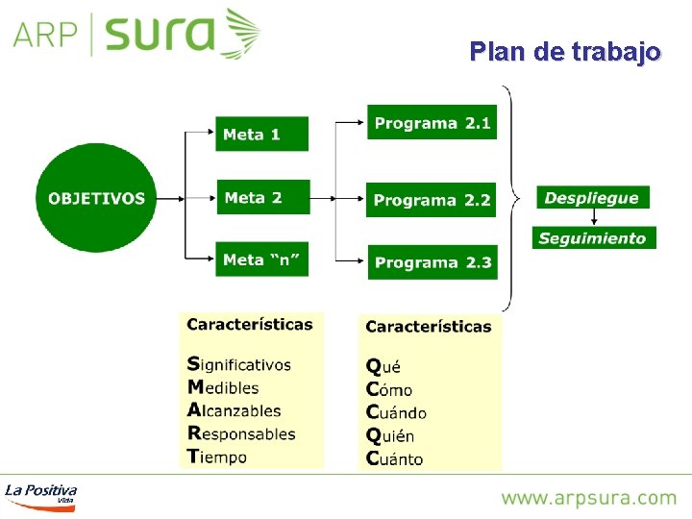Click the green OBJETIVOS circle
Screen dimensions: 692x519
pyautogui.click(x=96, y=198)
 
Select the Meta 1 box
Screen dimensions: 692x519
pyautogui.click(x=262, y=135)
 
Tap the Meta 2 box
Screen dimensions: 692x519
pyautogui.click(x=263, y=198)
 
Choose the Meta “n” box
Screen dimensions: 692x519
pyautogui.click(x=263, y=259)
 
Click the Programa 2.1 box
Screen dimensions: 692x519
pyautogui.click(x=432, y=123)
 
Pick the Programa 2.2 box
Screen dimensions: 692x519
pyautogui.click(x=432, y=200)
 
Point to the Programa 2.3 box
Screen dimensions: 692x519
pyautogui.click(x=432, y=262)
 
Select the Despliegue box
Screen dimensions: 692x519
pyautogui.click(x=592, y=198)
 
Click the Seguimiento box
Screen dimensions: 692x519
pyautogui.click(x=593, y=238)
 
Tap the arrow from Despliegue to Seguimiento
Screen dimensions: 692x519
pyautogui.click(x=593, y=217)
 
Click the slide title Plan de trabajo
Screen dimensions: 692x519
pyautogui.click(x=565, y=51)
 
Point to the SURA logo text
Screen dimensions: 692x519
pyautogui.click(x=161, y=35)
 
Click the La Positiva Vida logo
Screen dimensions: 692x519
pyautogui.click(x=40, y=493)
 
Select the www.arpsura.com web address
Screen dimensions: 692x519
pyautogui.click(x=588, y=498)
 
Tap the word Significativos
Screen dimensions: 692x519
pyautogui.click(x=239, y=364)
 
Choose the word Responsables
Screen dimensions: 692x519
pyautogui.click(x=241, y=433)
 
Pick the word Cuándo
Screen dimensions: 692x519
pyautogui.click(x=396, y=412)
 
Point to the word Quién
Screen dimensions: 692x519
pyautogui.click(x=393, y=435)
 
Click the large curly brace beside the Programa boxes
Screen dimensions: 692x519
pyautogui.click(x=510, y=198)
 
